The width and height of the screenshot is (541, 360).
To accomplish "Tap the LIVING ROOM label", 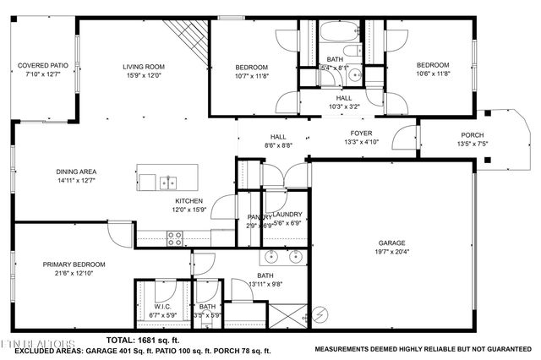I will (x=145, y=67).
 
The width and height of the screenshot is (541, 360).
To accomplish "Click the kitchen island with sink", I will (x=168, y=181).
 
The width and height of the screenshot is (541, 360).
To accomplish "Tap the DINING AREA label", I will (x=77, y=172).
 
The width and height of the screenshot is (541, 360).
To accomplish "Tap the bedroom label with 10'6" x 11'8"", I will (x=432, y=65).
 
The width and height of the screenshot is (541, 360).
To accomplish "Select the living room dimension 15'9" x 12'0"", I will (x=145, y=75).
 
